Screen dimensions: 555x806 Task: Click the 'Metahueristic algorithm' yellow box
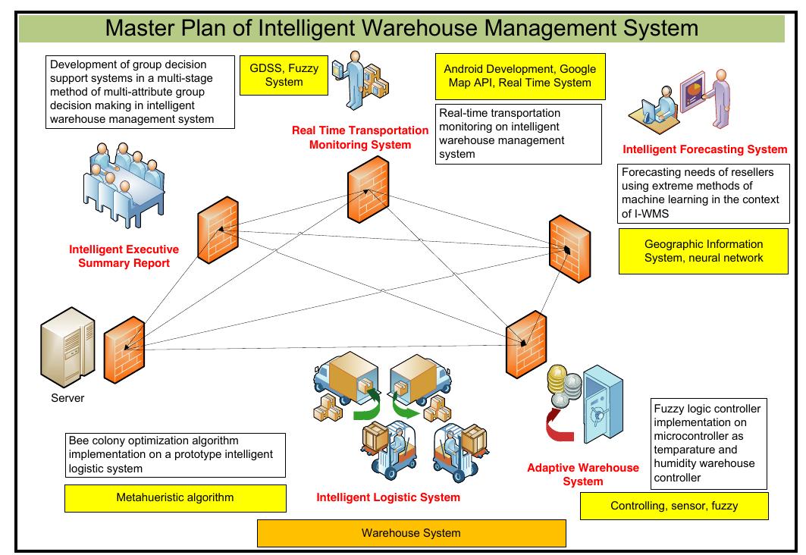click(175, 497)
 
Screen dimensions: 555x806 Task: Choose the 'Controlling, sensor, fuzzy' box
click(673, 506)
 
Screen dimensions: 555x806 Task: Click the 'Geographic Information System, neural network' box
click(703, 251)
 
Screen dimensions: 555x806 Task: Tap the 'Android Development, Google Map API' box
click(519, 76)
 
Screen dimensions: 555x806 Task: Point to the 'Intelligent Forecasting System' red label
click(704, 149)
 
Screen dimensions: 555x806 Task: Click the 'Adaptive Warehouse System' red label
click(583, 474)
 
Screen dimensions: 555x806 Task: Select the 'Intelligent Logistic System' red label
click(388, 497)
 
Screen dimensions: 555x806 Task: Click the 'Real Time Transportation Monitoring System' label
click(360, 137)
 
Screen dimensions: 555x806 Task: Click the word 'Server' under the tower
click(67, 398)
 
